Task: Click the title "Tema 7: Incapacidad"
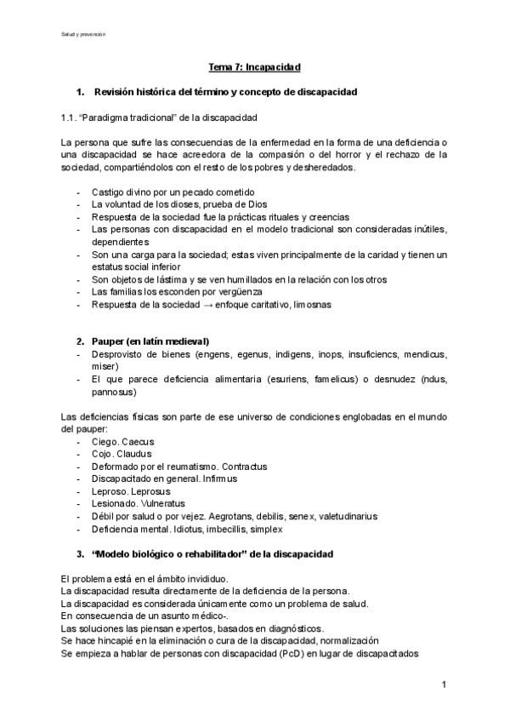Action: (255, 66)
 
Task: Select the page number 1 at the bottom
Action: (445, 684)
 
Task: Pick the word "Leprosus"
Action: (149, 491)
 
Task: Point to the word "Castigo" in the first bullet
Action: (109, 192)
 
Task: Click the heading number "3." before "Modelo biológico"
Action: (80, 553)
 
